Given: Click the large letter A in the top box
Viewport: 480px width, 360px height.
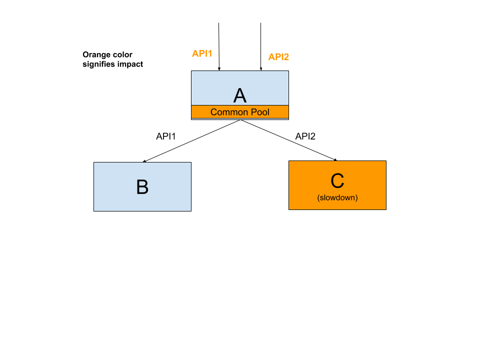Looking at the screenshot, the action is (239, 95).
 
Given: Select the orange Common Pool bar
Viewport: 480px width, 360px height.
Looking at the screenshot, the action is (240, 111).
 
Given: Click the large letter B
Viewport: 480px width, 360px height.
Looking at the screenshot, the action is (142, 187).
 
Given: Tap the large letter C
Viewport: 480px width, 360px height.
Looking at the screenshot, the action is (337, 181).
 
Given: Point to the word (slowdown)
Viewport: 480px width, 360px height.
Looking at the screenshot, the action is (337, 198).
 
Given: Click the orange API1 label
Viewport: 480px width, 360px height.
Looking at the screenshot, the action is (202, 53).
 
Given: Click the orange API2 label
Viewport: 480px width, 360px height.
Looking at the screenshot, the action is (278, 57).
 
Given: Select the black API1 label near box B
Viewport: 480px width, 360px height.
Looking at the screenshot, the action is (166, 136).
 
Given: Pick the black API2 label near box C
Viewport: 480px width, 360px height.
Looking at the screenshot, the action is (305, 136).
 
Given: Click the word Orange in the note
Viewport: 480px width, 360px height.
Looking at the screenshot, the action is (94, 55).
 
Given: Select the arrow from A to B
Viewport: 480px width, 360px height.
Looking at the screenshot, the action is (191, 141).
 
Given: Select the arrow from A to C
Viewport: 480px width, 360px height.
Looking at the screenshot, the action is (288, 140).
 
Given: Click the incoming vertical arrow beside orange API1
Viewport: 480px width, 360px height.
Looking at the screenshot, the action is (219, 46).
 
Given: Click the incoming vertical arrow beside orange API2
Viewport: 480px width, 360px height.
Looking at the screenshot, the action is (261, 46).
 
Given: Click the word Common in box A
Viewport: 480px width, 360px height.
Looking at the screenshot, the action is (229, 112).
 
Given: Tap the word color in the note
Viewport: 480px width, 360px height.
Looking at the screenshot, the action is (120, 55).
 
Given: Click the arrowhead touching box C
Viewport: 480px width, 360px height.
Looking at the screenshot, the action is (335, 160).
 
